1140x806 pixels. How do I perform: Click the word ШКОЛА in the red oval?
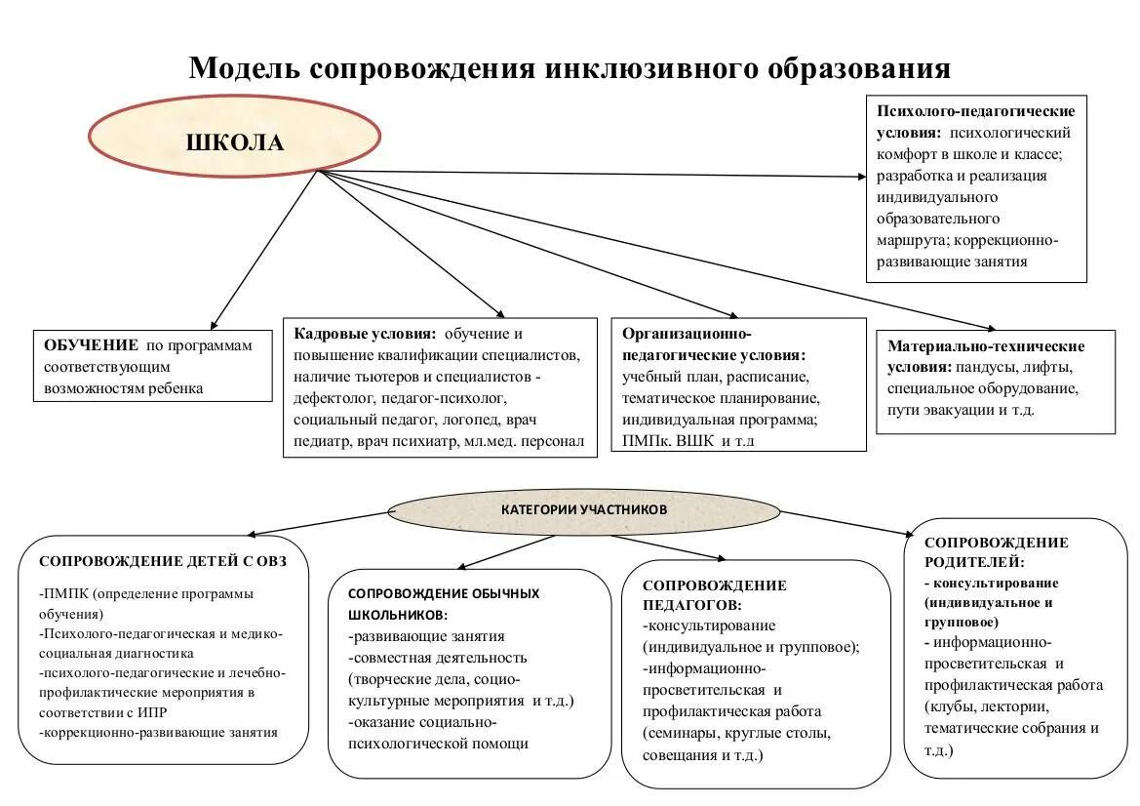[235, 143]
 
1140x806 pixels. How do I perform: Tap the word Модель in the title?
[243, 69]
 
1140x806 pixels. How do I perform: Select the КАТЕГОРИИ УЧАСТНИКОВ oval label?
[584, 509]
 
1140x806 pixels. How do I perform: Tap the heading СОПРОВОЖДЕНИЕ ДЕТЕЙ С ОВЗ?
[162, 561]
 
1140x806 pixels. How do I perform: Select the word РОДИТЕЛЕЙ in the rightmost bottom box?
[972, 562]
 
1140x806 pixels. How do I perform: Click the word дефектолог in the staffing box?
[328, 398]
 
